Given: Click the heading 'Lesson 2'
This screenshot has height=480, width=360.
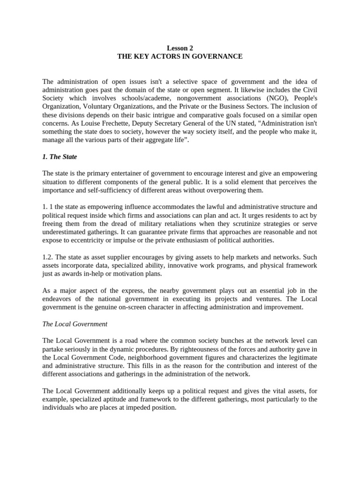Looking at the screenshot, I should [180, 48].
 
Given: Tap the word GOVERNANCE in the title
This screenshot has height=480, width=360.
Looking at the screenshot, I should [219, 56].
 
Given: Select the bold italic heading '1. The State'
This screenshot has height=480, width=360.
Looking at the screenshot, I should [60, 157].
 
